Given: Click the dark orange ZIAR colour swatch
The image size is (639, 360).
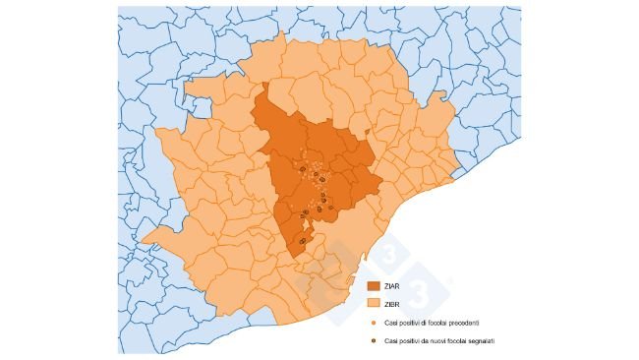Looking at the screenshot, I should (375, 285).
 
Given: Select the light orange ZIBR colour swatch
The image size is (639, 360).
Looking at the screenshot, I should (375, 302).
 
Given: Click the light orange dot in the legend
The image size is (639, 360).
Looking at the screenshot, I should (374, 322).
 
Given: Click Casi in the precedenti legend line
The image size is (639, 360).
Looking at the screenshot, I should (389, 322).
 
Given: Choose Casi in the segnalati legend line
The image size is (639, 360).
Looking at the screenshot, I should (389, 340).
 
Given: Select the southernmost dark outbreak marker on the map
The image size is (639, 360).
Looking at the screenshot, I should (302, 241).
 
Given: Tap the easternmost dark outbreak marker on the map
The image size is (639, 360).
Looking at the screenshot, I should (331, 207).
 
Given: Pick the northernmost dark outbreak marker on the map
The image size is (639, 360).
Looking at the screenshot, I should (302, 169).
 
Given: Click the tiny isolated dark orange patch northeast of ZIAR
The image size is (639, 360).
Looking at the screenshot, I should (368, 131).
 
